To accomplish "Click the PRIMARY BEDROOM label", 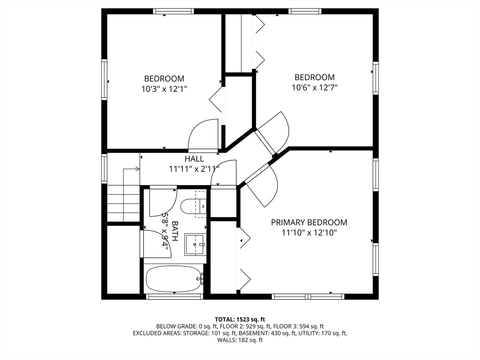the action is tap(309, 222).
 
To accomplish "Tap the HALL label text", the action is tap(194, 158).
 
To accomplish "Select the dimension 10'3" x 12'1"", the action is tap(164, 89).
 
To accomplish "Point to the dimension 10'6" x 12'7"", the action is tap(315, 88).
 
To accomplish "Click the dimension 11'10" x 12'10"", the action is tap(309, 233).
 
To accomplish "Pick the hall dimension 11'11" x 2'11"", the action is tap(194, 169).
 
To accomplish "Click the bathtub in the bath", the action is tap(174, 279).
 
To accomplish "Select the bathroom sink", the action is tap(195, 245).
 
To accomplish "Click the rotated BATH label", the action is tap(175, 231).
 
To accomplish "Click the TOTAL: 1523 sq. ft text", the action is tap(240, 320).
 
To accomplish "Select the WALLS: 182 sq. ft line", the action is tap(240, 340).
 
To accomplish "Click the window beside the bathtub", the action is tap(174, 296).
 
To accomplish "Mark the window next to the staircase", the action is tap(105, 169).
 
